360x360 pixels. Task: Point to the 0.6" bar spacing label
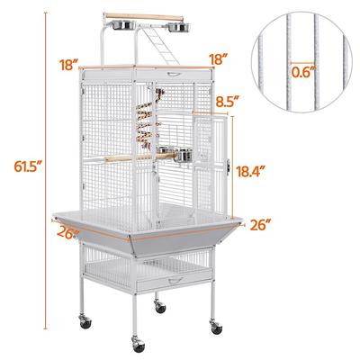pyautogui.click(x=305, y=66)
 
